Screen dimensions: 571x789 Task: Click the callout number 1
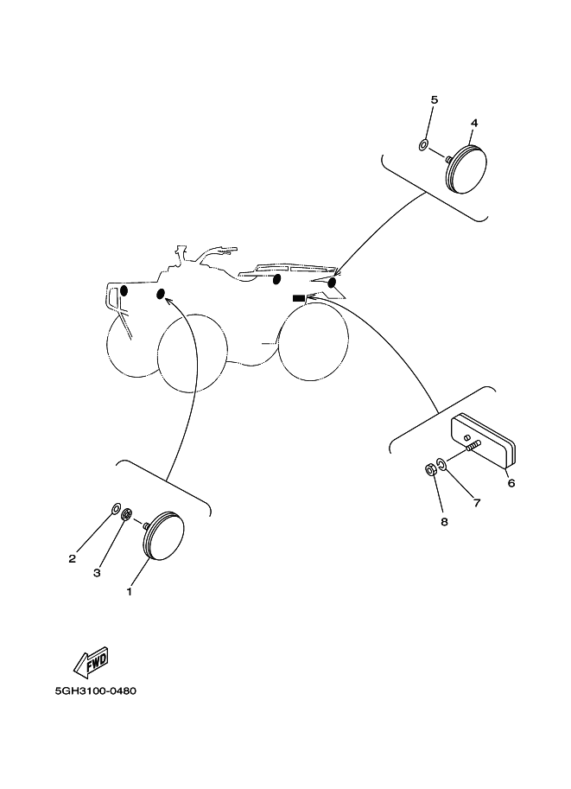tap(130, 591)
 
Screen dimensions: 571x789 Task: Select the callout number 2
tap(73, 558)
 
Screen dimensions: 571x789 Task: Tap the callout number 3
tap(97, 573)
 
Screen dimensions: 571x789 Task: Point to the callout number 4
tap(474, 123)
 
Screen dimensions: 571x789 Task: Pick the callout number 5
tap(435, 99)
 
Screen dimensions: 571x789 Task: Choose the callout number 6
tap(511, 483)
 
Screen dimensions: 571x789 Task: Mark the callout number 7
tap(477, 502)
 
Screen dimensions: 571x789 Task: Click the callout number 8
tap(444, 522)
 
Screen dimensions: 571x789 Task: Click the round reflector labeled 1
tap(164, 536)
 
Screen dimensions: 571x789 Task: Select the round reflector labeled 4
tap(466, 169)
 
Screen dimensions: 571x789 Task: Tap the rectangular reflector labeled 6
tap(484, 441)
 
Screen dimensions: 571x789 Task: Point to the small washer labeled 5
tap(423, 146)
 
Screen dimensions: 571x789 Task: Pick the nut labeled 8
tap(430, 471)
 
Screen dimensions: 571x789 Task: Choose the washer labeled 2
tap(115, 508)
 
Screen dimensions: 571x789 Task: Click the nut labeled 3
tap(127, 514)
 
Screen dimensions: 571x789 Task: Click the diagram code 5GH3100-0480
tap(96, 690)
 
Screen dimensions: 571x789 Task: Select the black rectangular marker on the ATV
tap(299, 298)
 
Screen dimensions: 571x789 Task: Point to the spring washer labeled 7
tap(441, 463)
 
